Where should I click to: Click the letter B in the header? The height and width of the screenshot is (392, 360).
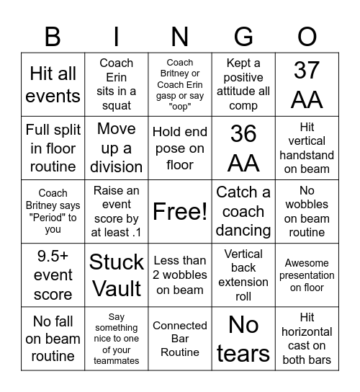tap(53, 36)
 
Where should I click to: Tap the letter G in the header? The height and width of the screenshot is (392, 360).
tap(243, 36)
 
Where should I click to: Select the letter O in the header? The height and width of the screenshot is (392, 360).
tap(307, 36)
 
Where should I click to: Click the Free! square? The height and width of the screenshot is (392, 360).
tap(180, 211)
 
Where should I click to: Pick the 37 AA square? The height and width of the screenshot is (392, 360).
tap(307, 84)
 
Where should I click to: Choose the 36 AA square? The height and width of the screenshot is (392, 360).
tap(243, 148)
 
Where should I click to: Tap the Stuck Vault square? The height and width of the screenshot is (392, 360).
tap(117, 275)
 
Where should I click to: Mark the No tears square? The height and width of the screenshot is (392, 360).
tap(243, 339)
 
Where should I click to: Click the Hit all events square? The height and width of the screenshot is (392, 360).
tap(53, 84)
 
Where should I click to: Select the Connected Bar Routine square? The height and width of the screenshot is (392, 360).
tap(180, 339)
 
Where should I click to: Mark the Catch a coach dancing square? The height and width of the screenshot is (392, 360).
tap(243, 211)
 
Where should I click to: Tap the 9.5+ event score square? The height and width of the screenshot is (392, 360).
tap(53, 275)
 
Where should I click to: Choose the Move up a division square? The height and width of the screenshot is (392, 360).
tap(117, 148)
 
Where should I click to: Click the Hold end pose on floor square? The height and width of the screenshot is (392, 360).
tap(180, 148)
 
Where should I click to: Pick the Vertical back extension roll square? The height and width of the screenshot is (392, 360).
tap(243, 275)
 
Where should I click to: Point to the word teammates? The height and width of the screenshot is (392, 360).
tap(117, 360)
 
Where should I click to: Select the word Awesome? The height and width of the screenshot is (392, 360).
tap(307, 263)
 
